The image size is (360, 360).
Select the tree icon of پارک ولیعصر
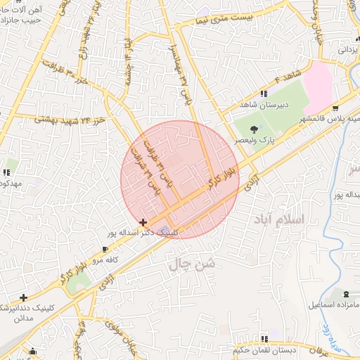point(254,129)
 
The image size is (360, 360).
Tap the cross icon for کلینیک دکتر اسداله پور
point(143,221)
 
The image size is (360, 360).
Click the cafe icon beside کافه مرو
point(105,250)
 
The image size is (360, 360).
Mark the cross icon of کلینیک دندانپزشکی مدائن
point(24,297)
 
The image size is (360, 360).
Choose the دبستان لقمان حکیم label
point(264,349)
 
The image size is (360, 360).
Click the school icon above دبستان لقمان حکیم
point(264,339)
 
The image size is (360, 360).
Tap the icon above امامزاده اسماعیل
point(345,293)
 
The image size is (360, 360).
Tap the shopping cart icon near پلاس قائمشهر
point(335,108)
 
